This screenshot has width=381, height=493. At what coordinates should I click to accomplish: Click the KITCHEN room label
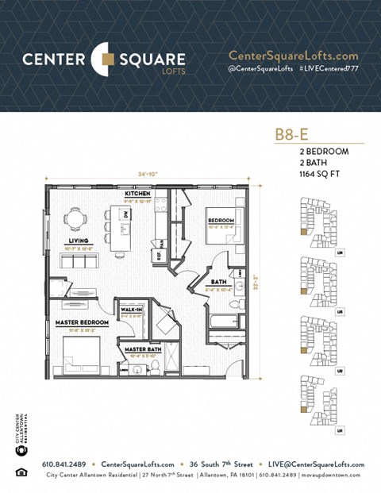(137, 194)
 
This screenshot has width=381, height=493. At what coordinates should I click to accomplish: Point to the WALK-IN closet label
(131, 308)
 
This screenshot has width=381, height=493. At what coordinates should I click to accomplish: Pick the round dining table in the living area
(74, 218)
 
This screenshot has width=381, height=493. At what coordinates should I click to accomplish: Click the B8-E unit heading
(291, 134)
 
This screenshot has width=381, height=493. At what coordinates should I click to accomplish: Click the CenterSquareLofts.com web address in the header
(293, 56)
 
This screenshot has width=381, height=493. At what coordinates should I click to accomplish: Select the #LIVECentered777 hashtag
(330, 71)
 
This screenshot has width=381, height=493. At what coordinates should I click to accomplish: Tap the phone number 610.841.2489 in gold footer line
(71, 464)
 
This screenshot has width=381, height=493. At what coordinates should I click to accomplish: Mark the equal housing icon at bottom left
(20, 473)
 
